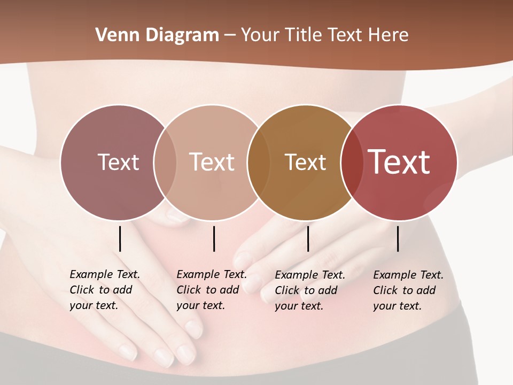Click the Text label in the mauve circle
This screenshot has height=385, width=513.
click(x=118, y=162)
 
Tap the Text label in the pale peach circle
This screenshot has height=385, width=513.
click(x=212, y=162)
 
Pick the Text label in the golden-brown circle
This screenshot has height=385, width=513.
click(x=305, y=162)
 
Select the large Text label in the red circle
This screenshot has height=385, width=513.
click(x=399, y=162)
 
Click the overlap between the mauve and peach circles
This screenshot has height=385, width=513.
click(x=165, y=162)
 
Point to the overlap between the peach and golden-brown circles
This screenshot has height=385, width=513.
click(x=259, y=162)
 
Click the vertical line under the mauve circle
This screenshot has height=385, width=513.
click(x=120, y=238)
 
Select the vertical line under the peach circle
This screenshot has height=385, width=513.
click(x=214, y=238)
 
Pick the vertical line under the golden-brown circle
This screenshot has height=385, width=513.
click(x=308, y=238)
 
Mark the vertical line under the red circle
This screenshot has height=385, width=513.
click(x=398, y=238)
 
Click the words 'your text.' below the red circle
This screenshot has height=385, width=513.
click(x=397, y=306)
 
